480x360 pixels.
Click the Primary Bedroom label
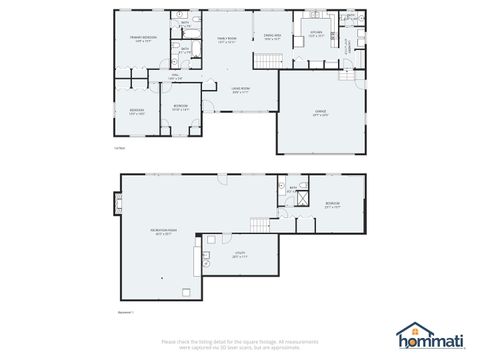point(147,39)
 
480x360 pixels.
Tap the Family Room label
point(227,39)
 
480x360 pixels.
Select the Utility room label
point(240,255)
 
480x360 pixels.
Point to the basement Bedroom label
point(333,206)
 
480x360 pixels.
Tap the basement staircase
point(261,224)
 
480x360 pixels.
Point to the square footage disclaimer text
point(240,344)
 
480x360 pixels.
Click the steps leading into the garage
point(346,74)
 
